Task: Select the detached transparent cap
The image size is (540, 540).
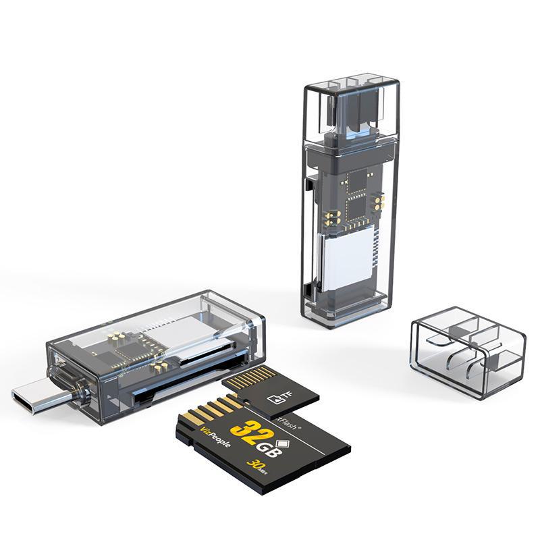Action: tap(467, 350)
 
